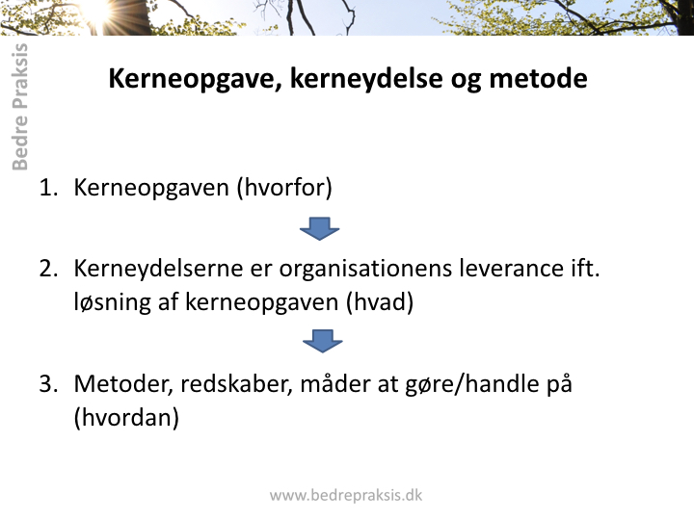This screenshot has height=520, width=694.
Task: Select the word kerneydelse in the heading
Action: (366, 79)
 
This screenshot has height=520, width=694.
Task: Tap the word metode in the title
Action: (538, 78)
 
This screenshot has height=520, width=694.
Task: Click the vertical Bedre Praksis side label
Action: (20, 107)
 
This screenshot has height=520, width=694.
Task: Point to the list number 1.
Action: (48, 187)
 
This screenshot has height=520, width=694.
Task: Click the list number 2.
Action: (48, 269)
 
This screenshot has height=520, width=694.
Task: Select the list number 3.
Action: (48, 383)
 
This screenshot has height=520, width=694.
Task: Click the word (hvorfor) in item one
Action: (284, 188)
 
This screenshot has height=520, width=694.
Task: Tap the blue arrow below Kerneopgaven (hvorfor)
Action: (320, 228)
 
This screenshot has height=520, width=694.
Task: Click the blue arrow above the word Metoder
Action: (323, 341)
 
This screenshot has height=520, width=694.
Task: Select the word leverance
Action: (509, 269)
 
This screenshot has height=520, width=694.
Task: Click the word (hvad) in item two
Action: (380, 303)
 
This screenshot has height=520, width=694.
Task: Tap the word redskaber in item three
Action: (236, 384)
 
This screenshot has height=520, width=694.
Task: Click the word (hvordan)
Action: (126, 417)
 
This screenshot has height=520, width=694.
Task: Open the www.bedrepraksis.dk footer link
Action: (346, 495)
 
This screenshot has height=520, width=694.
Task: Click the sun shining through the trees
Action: (98, 13)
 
